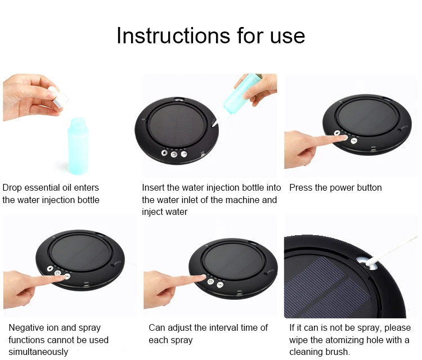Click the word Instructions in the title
click(173, 35)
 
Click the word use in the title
click(288, 37)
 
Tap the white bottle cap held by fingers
click(59, 97)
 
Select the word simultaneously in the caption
click(38, 352)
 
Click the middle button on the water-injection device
click(174, 154)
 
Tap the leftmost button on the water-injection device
click(164, 153)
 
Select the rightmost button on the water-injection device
click(184, 154)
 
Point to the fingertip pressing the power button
click(343, 138)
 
